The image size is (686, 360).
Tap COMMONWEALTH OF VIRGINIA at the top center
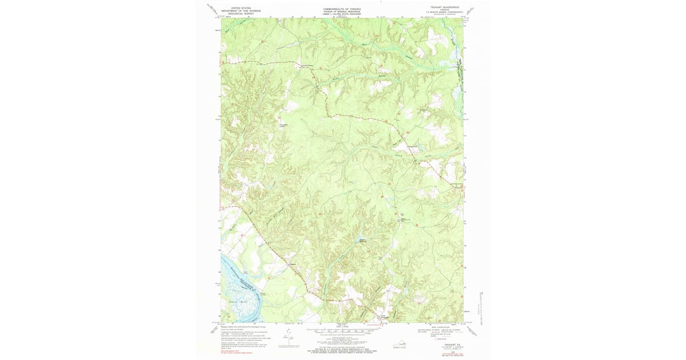click(342, 9)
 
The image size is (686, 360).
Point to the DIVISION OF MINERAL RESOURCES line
click(342, 11)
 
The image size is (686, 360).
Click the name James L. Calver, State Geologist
click(342, 14)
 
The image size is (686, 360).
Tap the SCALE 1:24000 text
click(342, 326)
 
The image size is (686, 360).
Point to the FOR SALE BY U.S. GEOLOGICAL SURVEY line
click(342, 347)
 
